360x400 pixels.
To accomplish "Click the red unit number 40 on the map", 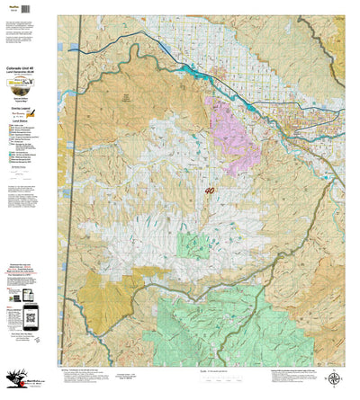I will point(210,191).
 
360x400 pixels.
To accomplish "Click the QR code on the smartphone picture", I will point(31,315).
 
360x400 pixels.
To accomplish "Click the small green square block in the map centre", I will point(193,245).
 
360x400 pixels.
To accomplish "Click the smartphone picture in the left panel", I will point(31,315).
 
